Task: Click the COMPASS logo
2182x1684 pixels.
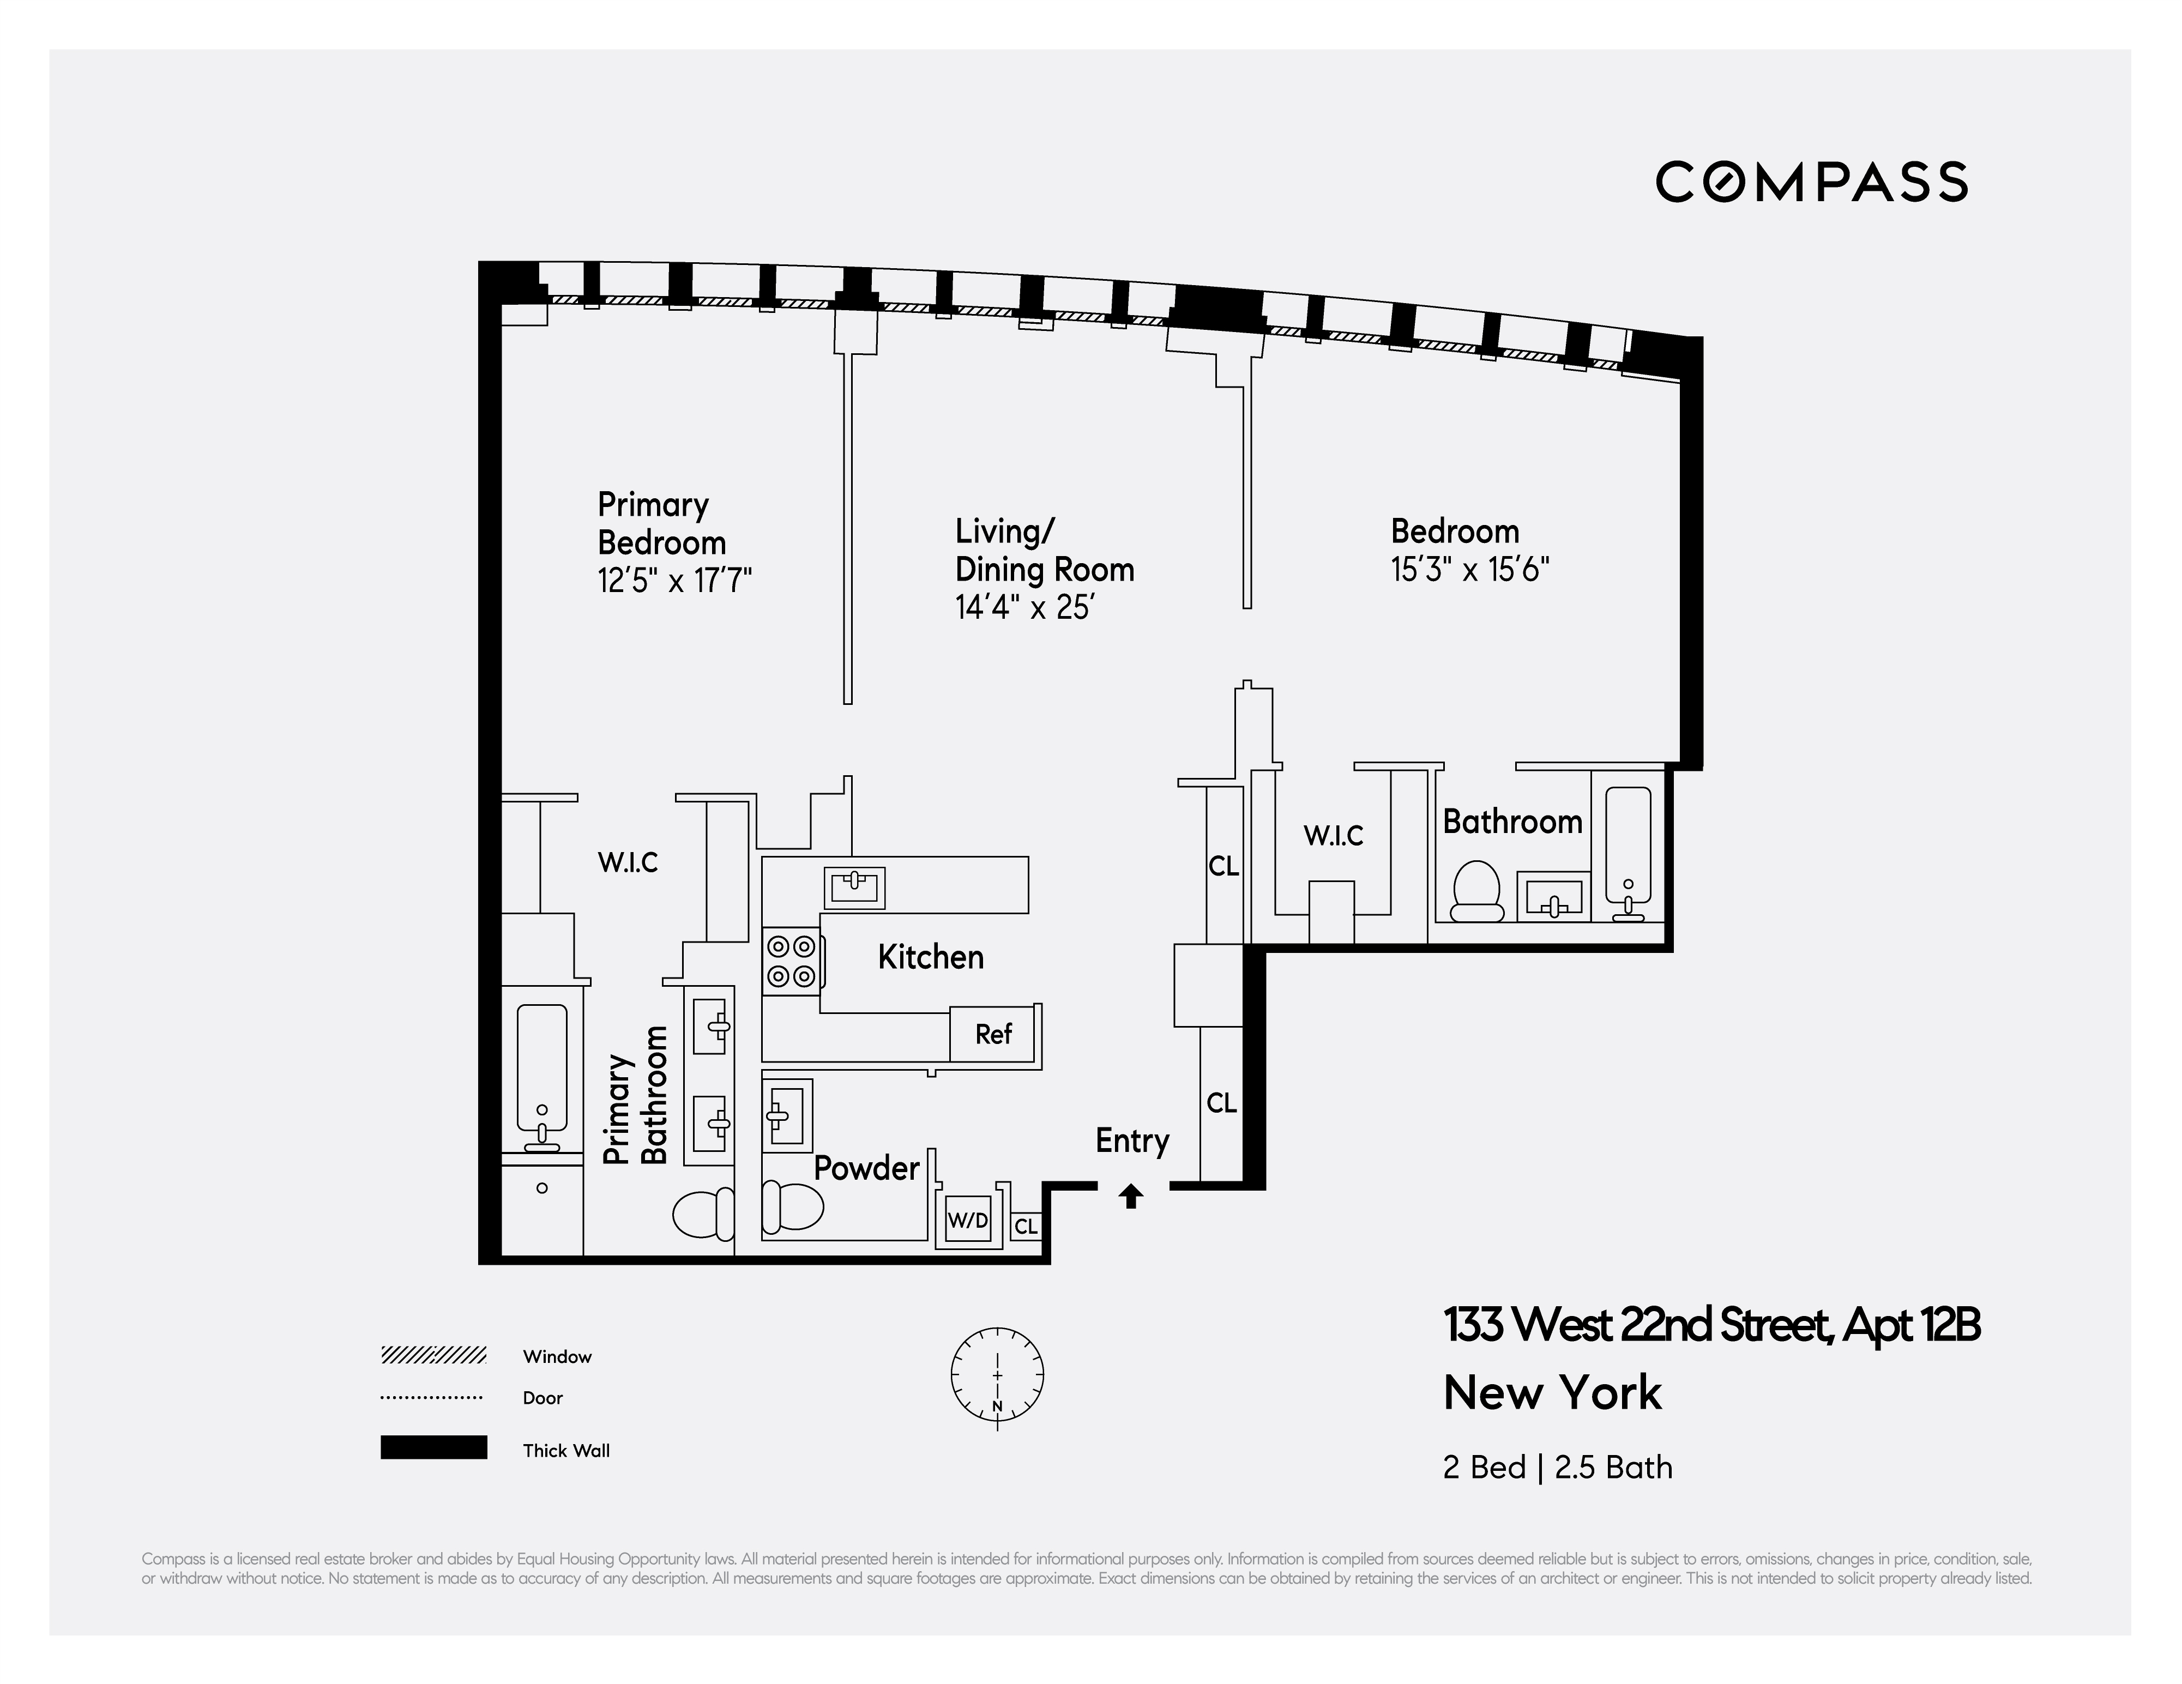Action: [x=1811, y=183]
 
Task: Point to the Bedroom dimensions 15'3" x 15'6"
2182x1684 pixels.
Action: [x=1469, y=569]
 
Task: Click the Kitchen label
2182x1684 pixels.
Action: [x=930, y=957]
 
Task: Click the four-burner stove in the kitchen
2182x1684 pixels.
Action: [x=791, y=961]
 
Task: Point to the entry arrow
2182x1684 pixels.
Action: [x=1131, y=1196]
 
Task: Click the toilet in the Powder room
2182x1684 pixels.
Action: [x=792, y=1206]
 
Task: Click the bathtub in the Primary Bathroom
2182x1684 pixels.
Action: [x=541, y=1074]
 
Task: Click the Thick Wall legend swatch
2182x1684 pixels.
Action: [x=433, y=1447]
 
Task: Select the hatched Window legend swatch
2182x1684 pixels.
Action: [x=433, y=1355]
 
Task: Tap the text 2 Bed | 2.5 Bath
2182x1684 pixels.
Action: [x=1557, y=1467]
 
